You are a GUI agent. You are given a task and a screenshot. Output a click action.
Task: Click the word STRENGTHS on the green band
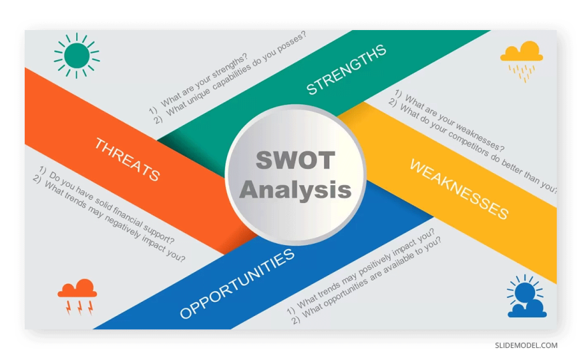346,69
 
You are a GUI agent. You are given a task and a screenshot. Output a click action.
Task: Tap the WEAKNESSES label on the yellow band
459,190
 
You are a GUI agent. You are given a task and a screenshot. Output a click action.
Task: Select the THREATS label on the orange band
127,160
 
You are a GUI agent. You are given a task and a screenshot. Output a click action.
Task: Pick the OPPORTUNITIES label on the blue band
237,284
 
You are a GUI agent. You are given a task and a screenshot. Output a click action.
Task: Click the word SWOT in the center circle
295,160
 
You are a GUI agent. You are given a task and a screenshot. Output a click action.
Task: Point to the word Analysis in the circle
295,190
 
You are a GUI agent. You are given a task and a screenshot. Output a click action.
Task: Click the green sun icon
77,55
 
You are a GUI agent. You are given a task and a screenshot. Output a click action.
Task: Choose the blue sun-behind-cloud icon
526,297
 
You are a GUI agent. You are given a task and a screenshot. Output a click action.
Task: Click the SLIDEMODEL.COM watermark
526,345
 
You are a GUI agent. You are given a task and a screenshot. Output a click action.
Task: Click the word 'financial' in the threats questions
127,216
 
